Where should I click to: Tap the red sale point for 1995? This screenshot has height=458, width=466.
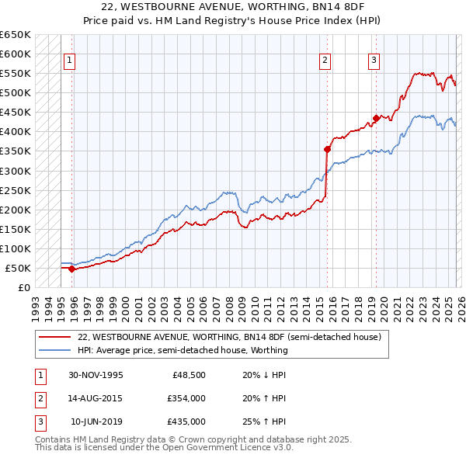coord(72,269)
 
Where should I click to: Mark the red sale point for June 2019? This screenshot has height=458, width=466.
coord(376,118)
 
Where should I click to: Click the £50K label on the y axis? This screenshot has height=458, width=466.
coord(19,268)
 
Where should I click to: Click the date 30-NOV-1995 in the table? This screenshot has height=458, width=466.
coord(96,375)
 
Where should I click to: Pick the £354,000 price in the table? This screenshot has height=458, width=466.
coord(186,398)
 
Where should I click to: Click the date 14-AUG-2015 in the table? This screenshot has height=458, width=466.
coord(96,398)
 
